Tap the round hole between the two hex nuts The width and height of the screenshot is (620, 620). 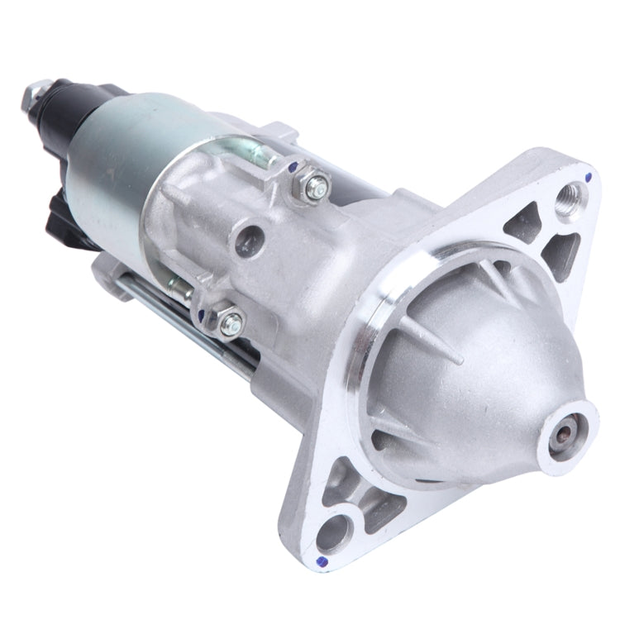pyautogui.click(x=246, y=241)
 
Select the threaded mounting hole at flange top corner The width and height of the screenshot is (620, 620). pyautogui.click(x=570, y=199)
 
